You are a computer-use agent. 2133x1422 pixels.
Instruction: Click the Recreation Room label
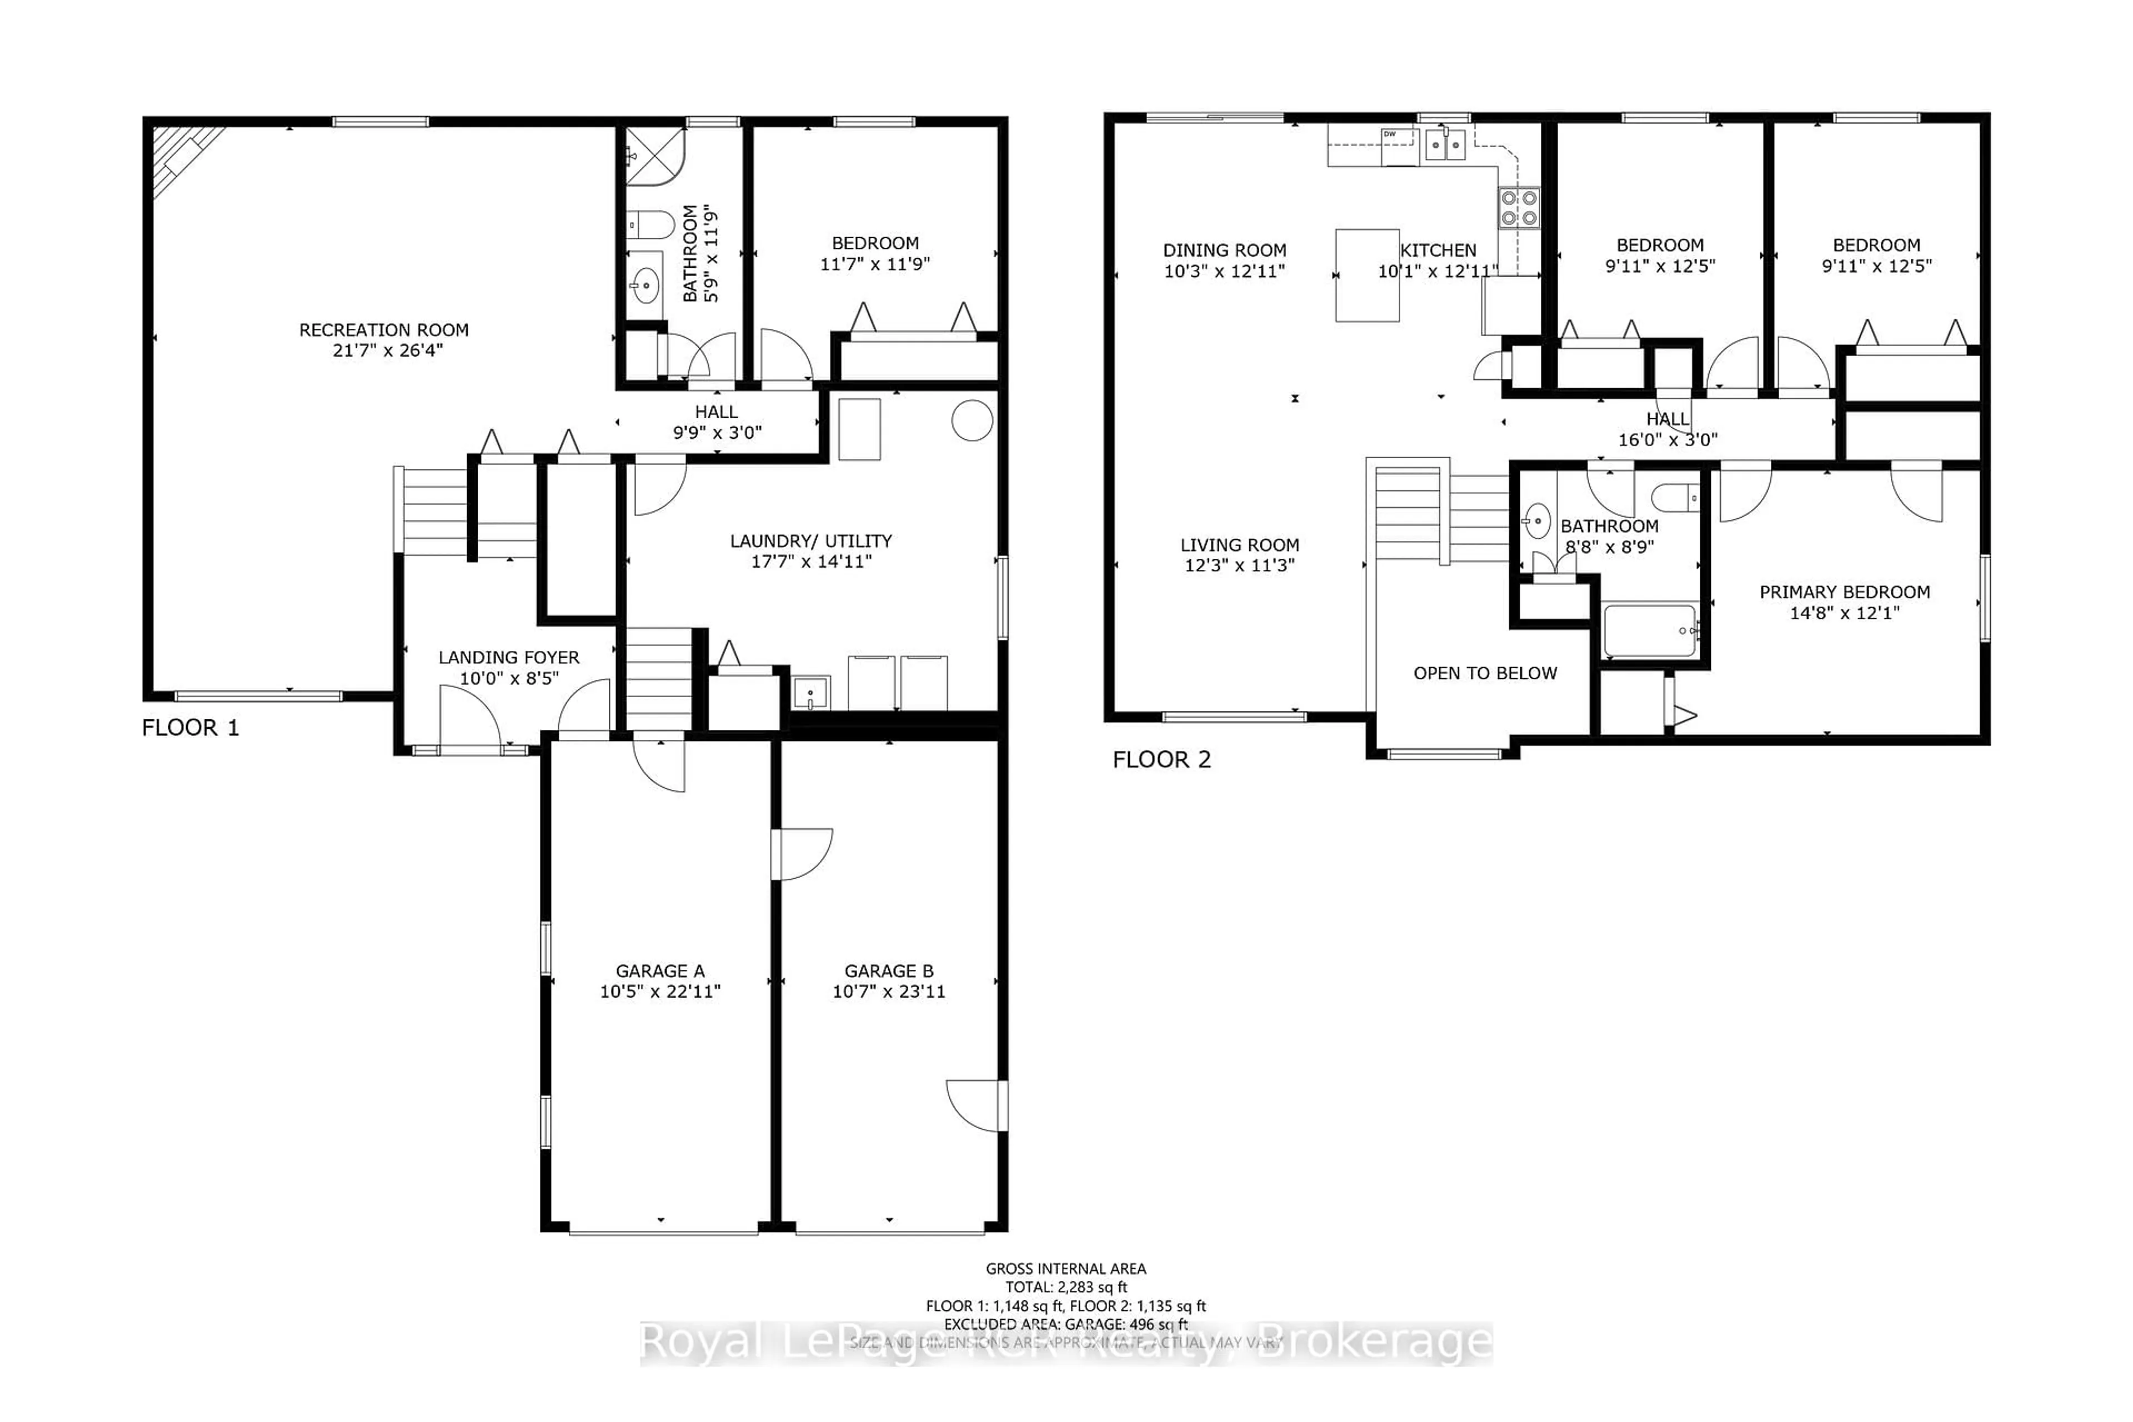click(x=384, y=330)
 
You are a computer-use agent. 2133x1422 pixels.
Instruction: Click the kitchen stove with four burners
click(x=1518, y=207)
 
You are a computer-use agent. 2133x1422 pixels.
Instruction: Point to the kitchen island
click(x=1366, y=276)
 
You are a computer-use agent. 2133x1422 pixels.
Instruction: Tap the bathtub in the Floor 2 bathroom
click(x=1650, y=631)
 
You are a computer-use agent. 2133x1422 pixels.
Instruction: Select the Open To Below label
click(x=1485, y=673)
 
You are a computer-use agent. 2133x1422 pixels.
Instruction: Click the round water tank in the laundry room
click(x=972, y=421)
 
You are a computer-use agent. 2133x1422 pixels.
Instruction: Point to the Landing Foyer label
click(x=509, y=658)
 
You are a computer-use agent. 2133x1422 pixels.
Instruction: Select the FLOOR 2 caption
click(x=1161, y=760)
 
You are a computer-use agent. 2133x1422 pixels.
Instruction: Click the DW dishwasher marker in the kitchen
click(x=1389, y=134)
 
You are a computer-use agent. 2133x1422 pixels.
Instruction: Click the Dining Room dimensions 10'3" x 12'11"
click(x=1224, y=271)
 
